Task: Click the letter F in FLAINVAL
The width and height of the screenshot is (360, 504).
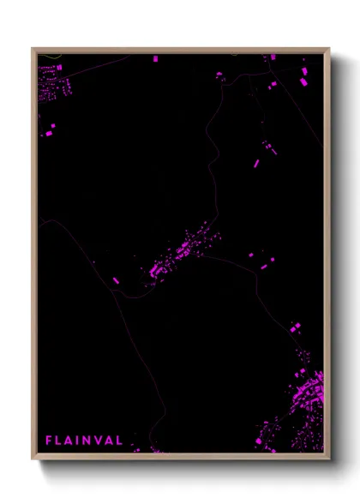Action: click(x=49, y=441)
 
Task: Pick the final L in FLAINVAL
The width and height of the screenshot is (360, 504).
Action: click(x=119, y=441)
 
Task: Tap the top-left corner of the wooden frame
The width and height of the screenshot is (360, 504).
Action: click(x=33, y=49)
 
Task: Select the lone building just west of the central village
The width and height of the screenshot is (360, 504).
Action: click(x=116, y=279)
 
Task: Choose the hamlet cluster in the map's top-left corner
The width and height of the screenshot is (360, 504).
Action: click(x=53, y=84)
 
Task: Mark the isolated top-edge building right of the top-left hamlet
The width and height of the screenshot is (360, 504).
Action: click(x=155, y=59)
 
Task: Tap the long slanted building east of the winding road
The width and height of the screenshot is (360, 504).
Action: click(x=255, y=162)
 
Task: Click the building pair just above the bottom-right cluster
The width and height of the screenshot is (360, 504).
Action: click(x=296, y=328)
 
